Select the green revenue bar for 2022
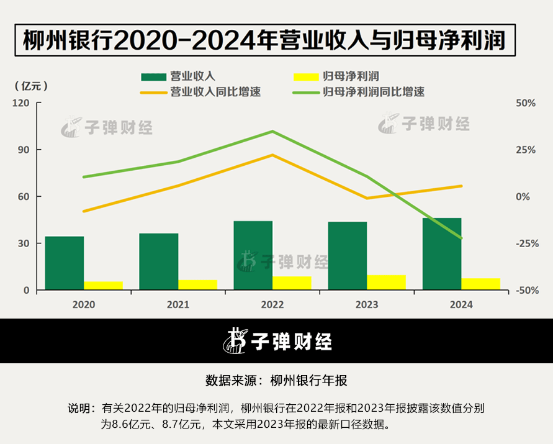point(253,255)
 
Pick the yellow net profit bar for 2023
point(386,283)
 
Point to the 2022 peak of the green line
point(272,132)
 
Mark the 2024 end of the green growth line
point(461,238)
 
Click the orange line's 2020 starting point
point(84,211)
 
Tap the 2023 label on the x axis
point(367,305)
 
